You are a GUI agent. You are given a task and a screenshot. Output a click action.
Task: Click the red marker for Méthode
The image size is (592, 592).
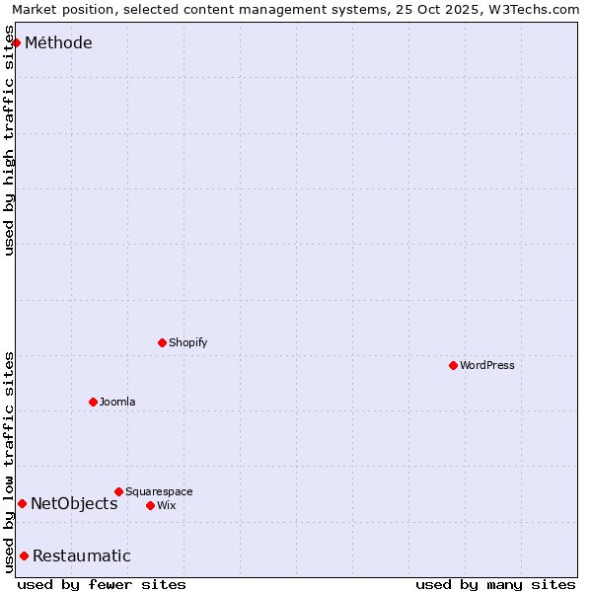tap(16, 42)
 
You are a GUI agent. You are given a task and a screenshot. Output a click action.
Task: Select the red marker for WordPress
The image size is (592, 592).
tap(453, 365)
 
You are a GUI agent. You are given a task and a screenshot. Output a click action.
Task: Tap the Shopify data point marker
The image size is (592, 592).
tap(162, 342)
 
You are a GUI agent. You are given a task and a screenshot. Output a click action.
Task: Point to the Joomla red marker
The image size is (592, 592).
tap(93, 402)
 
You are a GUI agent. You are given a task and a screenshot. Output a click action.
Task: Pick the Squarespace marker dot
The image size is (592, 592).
tap(118, 491)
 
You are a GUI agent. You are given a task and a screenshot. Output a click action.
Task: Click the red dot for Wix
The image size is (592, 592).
tap(150, 505)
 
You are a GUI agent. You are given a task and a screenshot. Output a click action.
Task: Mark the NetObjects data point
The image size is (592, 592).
tap(22, 503)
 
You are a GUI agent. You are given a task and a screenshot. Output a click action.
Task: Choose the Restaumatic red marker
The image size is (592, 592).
tap(24, 555)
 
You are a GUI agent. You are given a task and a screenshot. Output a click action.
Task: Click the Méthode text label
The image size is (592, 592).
tap(58, 42)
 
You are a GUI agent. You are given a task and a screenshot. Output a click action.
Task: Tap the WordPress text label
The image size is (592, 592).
tap(487, 365)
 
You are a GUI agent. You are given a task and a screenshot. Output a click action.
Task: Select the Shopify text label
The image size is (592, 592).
tap(188, 342)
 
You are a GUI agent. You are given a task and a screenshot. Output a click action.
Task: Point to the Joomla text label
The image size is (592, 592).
tap(117, 402)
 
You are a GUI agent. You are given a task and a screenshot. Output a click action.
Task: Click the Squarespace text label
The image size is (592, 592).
tap(159, 491)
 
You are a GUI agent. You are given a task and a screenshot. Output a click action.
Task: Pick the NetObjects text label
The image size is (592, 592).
tap(74, 503)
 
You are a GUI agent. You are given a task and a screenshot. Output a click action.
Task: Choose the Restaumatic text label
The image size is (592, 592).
tap(82, 555)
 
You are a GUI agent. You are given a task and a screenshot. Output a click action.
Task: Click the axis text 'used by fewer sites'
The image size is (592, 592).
tap(102, 584)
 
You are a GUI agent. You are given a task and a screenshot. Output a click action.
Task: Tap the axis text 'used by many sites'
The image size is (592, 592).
tap(495, 584)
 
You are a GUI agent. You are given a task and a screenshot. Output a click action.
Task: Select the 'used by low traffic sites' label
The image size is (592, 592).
tap(9, 461)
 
